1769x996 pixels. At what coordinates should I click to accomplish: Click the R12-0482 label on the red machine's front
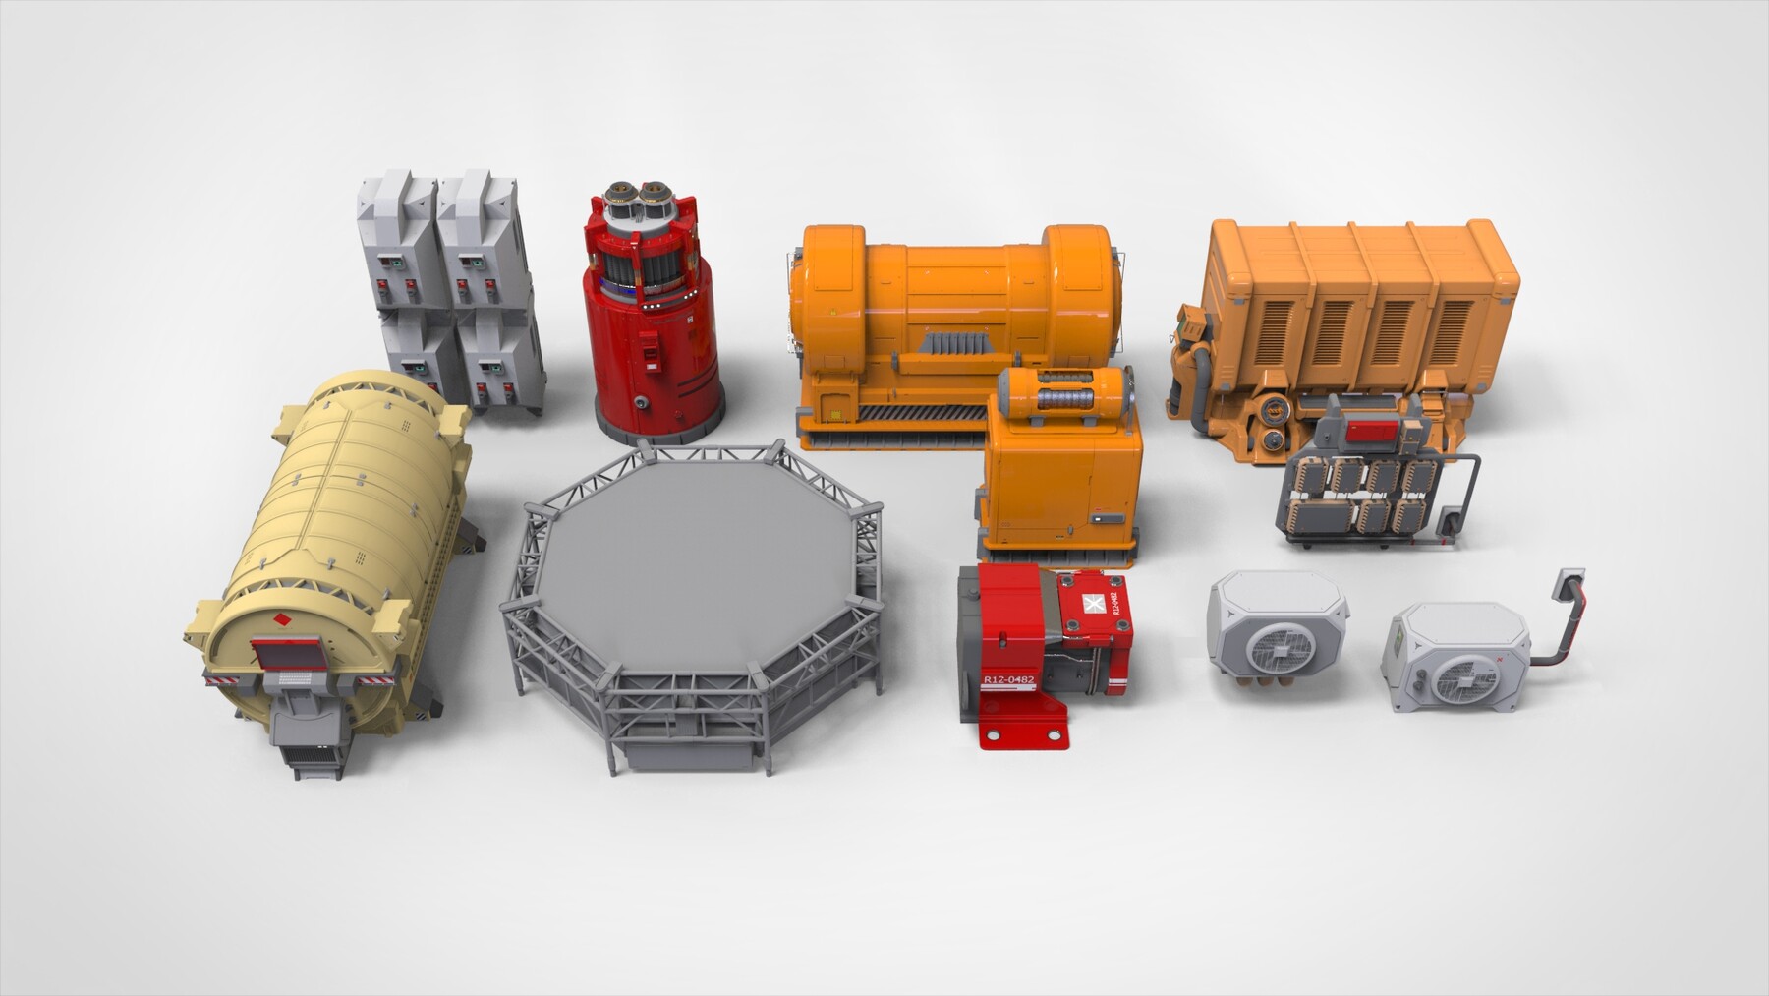1009,679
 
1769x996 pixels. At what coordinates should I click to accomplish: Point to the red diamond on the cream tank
282,619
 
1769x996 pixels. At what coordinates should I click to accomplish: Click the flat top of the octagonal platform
688,551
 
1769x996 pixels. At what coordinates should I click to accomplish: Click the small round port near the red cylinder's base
641,401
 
